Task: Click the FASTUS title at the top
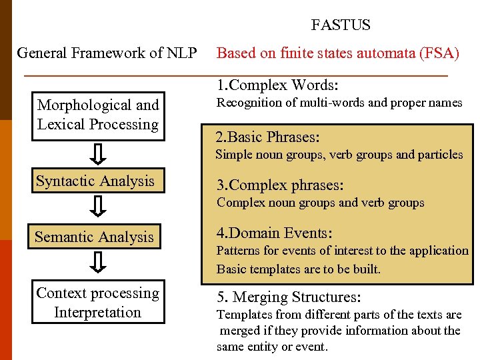(x=341, y=25)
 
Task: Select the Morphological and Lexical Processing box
(x=99, y=115)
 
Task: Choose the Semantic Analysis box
(x=94, y=237)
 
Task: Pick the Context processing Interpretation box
(x=98, y=303)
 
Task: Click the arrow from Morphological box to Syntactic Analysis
(x=98, y=153)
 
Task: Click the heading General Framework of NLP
(x=107, y=53)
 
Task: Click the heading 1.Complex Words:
(x=277, y=85)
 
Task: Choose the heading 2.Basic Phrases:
(x=267, y=137)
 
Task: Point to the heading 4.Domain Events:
(x=274, y=233)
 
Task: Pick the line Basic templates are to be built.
(x=299, y=269)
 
